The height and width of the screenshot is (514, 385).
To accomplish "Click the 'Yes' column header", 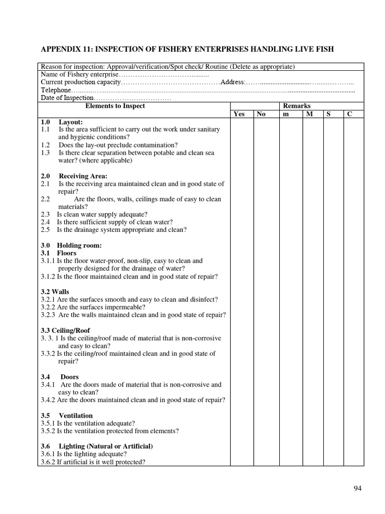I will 239,114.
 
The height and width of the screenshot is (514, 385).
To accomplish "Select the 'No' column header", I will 261,114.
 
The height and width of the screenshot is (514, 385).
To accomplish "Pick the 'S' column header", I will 328,114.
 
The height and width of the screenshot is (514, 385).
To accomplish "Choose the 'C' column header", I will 349,114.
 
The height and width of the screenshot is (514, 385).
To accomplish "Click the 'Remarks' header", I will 297,106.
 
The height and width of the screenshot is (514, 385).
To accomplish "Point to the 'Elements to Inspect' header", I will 115,106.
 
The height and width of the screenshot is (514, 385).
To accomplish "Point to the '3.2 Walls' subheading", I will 55,292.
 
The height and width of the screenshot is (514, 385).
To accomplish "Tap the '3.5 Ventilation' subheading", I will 67,416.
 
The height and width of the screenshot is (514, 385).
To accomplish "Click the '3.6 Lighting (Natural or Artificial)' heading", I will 97,446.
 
